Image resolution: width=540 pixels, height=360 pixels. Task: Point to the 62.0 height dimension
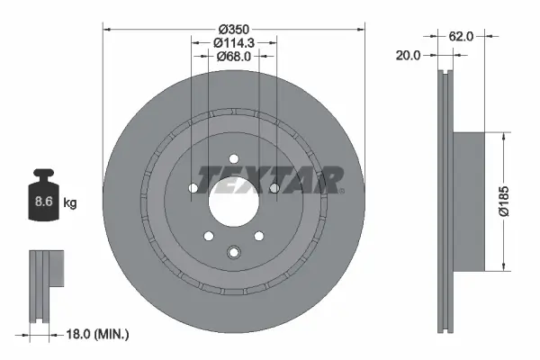tap(461, 36)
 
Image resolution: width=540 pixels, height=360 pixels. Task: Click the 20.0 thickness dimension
tap(409, 56)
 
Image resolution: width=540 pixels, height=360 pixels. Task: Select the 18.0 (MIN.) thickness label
tap(99, 334)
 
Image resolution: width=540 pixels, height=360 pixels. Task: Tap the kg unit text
tap(70, 203)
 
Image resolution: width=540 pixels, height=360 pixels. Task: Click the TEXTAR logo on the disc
tap(268, 178)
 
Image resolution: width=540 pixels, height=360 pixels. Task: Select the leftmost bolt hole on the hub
tap(193, 188)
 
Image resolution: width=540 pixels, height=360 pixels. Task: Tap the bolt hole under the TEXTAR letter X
tap(274, 187)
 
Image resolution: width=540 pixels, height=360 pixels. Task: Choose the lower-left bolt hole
tap(209, 236)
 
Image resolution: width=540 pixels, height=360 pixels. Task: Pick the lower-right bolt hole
tap(259, 236)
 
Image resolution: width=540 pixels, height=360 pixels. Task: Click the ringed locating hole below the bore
tap(234, 253)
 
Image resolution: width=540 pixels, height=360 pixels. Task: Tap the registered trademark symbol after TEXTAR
tap(341, 190)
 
